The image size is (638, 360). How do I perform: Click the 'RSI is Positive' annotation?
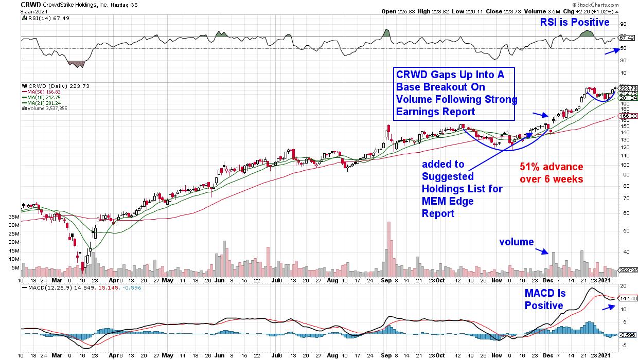tap(574, 22)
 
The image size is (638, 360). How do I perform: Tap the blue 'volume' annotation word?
tap(517, 242)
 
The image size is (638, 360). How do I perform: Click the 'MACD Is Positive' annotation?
tap(545, 299)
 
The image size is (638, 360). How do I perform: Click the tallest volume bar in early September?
tap(389, 249)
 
